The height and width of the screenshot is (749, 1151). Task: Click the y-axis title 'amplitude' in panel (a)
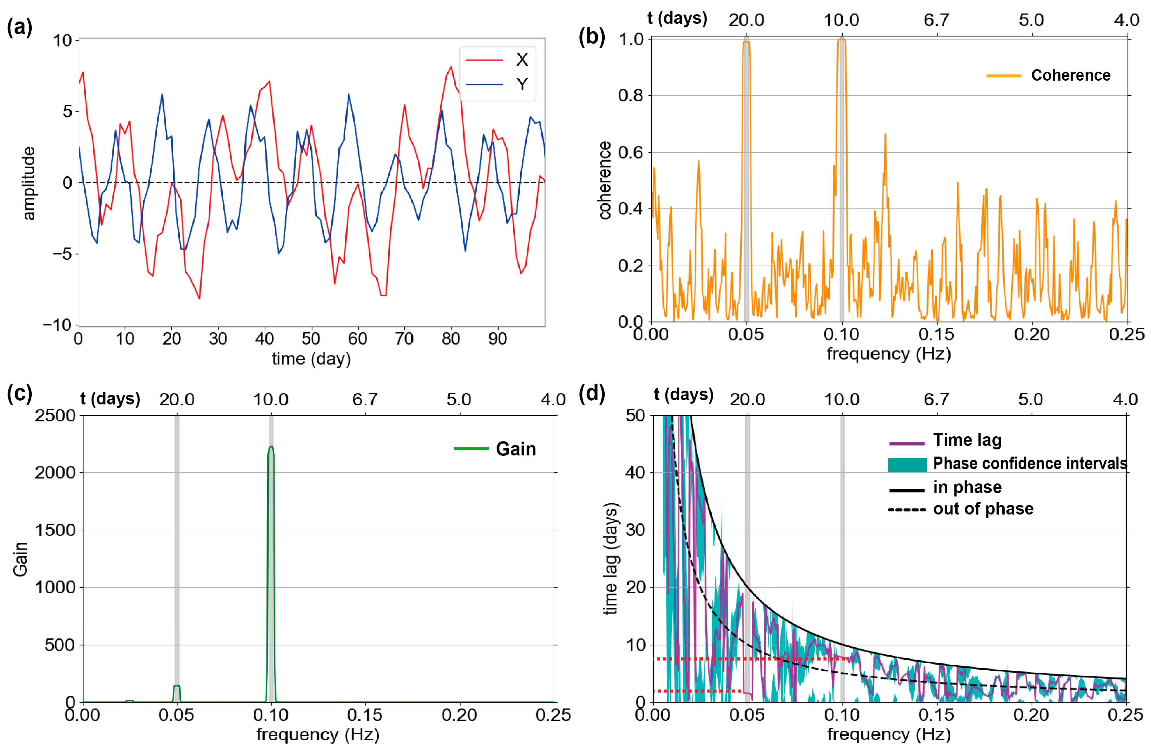[29, 184]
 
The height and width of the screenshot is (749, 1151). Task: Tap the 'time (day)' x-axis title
[311, 359]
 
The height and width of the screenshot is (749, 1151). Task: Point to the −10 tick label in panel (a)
[57, 325]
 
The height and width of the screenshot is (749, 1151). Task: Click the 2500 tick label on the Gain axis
[55, 416]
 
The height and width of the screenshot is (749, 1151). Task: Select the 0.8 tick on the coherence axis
[631, 96]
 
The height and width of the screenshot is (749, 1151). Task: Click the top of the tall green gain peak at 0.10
[271, 447]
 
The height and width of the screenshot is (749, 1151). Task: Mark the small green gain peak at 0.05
[177, 686]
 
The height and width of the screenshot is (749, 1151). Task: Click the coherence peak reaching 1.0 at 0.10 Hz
[842, 40]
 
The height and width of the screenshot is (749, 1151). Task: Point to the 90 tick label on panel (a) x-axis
[497, 339]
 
